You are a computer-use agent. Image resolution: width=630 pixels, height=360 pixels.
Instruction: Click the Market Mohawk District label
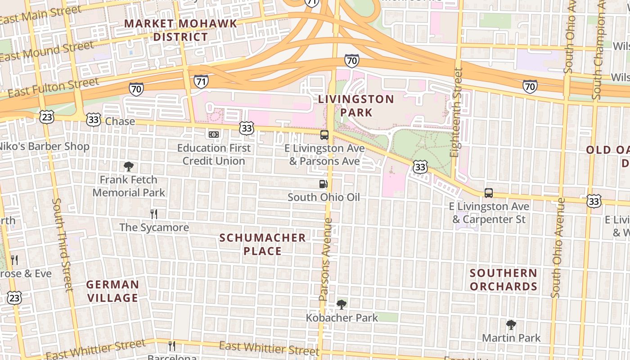pos(180,30)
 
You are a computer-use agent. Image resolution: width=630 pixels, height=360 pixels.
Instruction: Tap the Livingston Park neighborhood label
pos(356,105)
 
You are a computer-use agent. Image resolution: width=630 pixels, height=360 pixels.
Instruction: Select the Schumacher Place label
pos(262,244)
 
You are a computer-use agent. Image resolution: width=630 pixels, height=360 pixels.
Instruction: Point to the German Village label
pos(112,291)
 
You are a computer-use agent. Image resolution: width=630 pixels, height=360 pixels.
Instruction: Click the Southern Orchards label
pos(504,279)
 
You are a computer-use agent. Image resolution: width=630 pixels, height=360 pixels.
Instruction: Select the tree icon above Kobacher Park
pos(342,305)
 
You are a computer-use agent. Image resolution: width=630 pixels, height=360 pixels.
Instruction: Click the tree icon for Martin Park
pos(511,325)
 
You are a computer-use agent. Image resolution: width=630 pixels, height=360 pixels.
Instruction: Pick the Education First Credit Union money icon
pos(214,135)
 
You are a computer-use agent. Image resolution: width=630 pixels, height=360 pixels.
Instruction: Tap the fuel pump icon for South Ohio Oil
pos(323,184)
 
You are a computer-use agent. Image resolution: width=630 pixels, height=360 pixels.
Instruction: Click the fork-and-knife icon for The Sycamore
pos(154,214)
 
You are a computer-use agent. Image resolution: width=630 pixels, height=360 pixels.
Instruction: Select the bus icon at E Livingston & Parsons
pos(324,135)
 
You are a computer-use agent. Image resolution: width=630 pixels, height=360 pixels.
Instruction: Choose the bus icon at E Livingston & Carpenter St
pos(489,193)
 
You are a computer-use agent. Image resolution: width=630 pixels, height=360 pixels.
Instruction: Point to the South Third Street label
pos(63,244)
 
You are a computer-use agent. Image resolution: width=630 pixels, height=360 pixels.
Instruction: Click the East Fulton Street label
pos(53,87)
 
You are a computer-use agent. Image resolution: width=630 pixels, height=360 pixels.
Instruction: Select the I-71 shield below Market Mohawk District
pos(201,81)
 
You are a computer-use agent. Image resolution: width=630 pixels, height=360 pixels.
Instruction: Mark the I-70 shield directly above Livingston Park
pos(352,60)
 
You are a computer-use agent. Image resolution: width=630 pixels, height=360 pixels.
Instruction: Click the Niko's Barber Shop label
pos(44,146)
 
